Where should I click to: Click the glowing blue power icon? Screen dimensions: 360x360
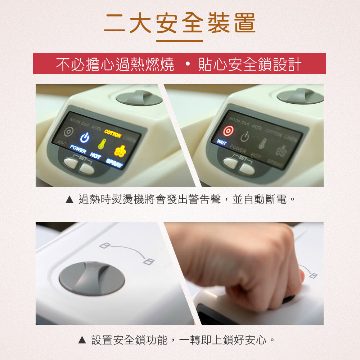(x=85, y=137)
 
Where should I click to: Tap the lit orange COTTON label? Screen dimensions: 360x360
(x=113, y=134)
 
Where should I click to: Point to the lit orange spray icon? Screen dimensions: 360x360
(x=120, y=151)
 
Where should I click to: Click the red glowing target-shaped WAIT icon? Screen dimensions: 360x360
(x=228, y=131)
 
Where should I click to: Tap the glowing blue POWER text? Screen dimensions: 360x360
(x=78, y=148)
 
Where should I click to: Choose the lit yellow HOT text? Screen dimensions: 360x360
(x=96, y=156)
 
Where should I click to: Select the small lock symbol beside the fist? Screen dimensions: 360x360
(x=313, y=276)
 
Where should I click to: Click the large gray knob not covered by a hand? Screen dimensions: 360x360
(x=92, y=279)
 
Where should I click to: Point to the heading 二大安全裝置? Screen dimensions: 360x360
(x=180, y=23)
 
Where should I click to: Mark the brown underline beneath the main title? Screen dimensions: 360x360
(x=180, y=41)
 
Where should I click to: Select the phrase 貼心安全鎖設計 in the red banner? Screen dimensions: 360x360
(x=249, y=64)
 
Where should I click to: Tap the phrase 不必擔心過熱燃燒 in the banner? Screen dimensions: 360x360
(x=115, y=64)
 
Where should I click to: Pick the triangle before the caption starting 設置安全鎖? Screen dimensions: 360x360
(x=82, y=340)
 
